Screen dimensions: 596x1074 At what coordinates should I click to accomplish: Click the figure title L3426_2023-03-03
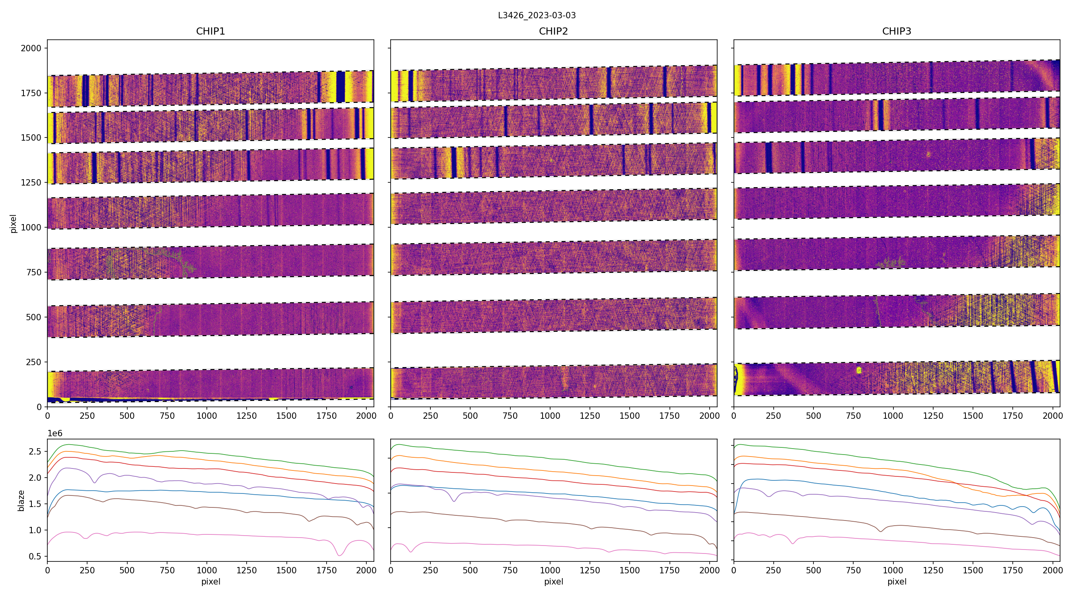tap(537, 15)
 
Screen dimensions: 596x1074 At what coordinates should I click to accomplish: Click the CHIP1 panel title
tap(210, 31)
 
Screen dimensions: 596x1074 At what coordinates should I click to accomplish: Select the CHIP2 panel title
tap(553, 31)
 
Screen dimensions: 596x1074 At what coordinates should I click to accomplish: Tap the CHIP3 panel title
tap(896, 31)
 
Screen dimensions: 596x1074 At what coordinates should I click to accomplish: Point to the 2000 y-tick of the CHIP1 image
tap(31, 48)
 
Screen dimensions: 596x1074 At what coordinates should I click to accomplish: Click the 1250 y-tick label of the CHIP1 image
tap(31, 182)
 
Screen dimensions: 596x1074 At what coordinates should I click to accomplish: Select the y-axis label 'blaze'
tap(21, 500)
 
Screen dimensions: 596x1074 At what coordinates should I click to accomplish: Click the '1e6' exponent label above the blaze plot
tap(55, 433)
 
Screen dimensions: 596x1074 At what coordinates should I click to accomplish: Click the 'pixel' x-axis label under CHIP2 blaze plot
tap(553, 581)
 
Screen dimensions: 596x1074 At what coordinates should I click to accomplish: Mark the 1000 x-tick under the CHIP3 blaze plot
tap(893, 570)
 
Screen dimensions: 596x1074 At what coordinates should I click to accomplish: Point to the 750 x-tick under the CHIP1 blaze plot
tap(167, 570)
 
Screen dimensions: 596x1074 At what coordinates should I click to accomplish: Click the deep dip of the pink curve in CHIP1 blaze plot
tap(339, 555)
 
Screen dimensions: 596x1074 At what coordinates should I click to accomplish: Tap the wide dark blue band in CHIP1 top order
tap(340, 87)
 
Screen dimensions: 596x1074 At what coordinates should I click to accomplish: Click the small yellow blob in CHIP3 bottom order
tap(859, 370)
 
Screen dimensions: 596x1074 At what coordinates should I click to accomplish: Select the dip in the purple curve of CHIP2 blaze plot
tap(454, 501)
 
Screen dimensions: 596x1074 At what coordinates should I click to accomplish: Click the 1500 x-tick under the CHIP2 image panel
tap(630, 416)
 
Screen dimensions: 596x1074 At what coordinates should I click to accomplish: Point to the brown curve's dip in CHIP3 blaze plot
tap(881, 532)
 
